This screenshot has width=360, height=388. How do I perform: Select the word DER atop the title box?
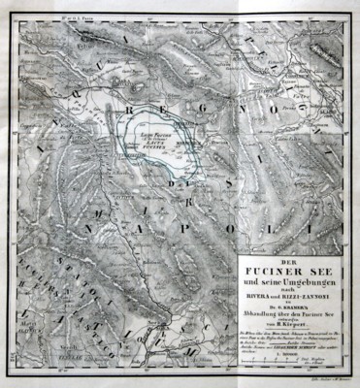click(296, 261)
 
